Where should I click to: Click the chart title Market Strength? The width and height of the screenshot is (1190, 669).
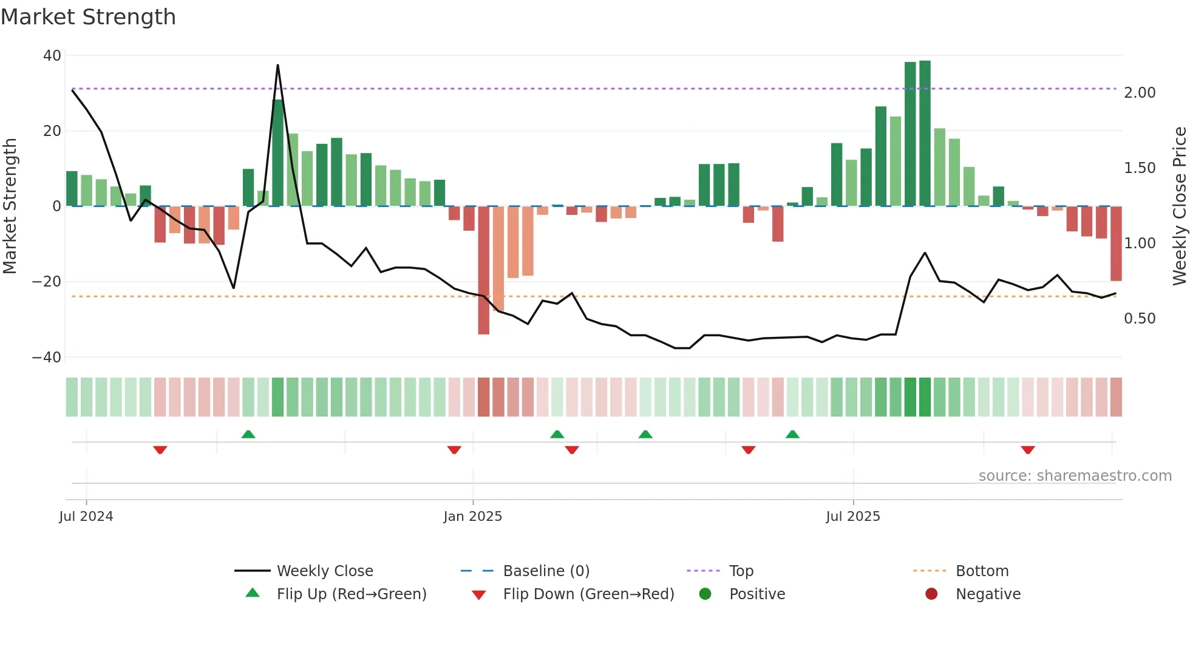coord(88,17)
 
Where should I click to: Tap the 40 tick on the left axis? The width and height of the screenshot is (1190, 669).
coord(52,56)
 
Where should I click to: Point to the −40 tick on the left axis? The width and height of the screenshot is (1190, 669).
coord(47,358)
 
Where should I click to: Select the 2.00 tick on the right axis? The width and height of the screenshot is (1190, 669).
coord(1140,93)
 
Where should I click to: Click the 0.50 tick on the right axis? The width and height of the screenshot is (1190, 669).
coord(1140,319)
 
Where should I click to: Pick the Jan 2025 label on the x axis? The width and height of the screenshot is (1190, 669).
coord(472,517)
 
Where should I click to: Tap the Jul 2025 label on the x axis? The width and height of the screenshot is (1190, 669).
coord(852,517)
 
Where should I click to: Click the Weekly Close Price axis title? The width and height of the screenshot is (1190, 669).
coord(1179,206)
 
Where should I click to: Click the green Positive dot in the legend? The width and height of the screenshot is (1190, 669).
coord(705,594)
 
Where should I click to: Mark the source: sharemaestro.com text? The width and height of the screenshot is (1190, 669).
coord(1075,476)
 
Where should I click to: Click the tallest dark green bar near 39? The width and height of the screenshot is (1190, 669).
coord(925,134)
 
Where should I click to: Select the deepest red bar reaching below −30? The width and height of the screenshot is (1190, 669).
coord(483,270)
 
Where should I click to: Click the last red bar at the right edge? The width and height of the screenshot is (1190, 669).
coord(1116,243)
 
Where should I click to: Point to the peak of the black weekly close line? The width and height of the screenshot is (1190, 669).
coord(277,66)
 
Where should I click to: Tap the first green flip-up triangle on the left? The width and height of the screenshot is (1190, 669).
coord(248,434)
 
